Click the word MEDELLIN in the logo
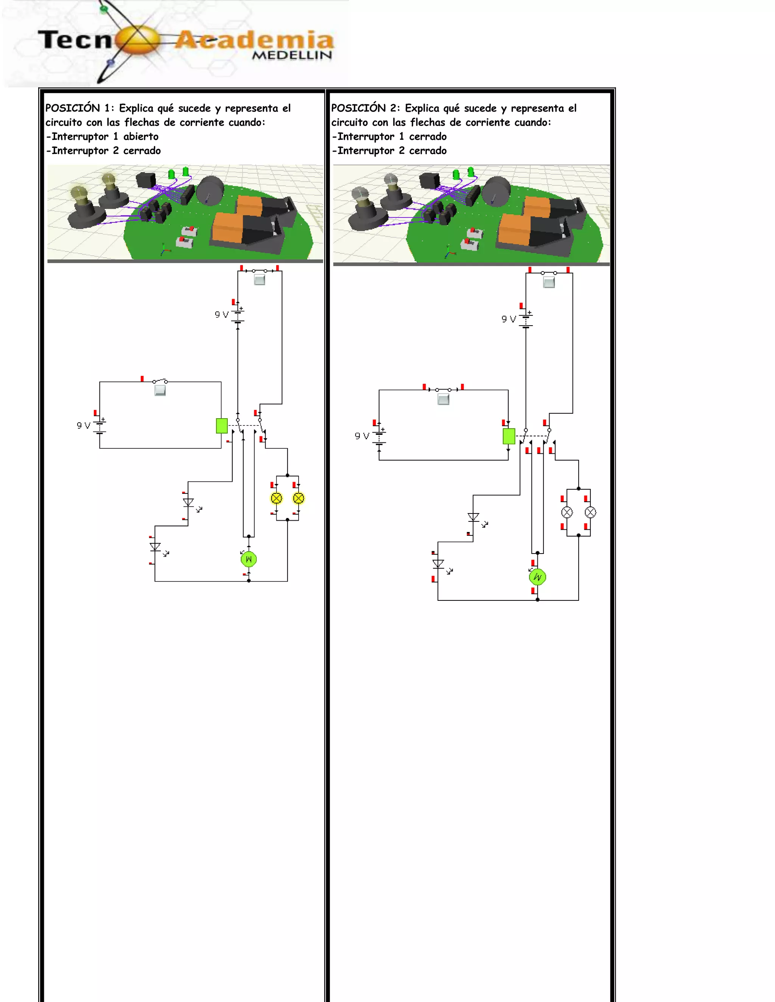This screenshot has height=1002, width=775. (x=292, y=55)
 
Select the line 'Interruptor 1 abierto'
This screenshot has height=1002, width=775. (x=103, y=137)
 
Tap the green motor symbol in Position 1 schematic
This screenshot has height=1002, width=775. (x=248, y=559)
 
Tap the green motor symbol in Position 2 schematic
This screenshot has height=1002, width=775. (x=537, y=577)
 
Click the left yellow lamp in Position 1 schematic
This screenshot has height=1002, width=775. (x=276, y=498)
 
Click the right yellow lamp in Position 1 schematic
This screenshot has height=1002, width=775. (x=299, y=498)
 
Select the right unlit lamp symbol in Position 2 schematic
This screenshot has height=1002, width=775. (x=590, y=512)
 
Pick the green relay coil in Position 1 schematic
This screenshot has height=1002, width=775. (x=222, y=426)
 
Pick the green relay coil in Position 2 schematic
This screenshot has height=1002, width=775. (x=509, y=436)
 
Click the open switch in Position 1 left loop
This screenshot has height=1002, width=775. (x=160, y=381)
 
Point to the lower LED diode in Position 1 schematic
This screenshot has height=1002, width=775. (x=155, y=547)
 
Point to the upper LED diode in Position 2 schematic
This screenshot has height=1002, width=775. (x=473, y=517)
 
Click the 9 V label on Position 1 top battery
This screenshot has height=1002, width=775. (x=221, y=315)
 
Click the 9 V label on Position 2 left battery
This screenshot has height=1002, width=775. (x=362, y=436)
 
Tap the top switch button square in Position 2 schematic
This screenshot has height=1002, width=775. (x=549, y=282)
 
